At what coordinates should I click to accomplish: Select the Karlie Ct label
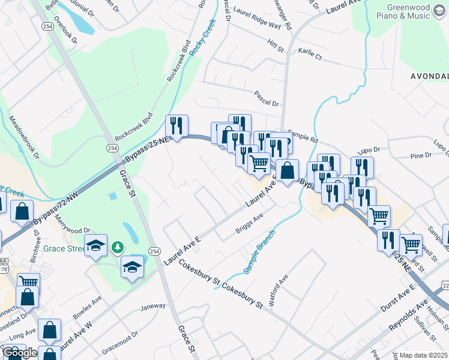tap(310, 55)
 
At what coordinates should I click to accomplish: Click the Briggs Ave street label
tap(250, 226)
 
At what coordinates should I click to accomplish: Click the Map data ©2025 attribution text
tap(424, 355)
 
